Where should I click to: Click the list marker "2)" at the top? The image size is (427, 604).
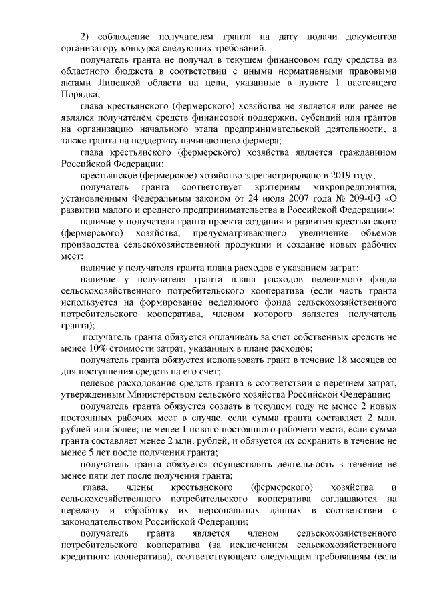(x=85, y=35)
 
